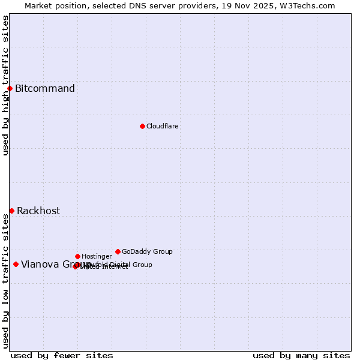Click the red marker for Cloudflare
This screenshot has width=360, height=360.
click(142, 126)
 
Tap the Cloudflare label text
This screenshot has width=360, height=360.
click(163, 126)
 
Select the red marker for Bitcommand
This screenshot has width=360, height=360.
click(10, 89)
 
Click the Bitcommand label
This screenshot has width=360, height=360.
click(45, 89)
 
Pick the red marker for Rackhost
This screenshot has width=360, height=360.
click(11, 211)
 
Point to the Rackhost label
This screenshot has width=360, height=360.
click(38, 211)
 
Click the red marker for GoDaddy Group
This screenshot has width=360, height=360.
click(118, 251)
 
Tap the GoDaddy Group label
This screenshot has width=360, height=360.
click(147, 251)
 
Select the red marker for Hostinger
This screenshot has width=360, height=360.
click(77, 256)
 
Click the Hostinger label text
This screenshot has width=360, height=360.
click(97, 256)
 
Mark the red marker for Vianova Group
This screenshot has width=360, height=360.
click(16, 264)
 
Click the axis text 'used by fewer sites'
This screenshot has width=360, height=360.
click(62, 356)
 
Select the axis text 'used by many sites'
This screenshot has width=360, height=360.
click(301, 356)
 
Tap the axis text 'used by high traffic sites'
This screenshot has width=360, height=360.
click(5, 85)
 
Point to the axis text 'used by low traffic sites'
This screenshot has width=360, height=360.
click(5, 281)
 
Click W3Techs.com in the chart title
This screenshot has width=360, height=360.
click(308, 6)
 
